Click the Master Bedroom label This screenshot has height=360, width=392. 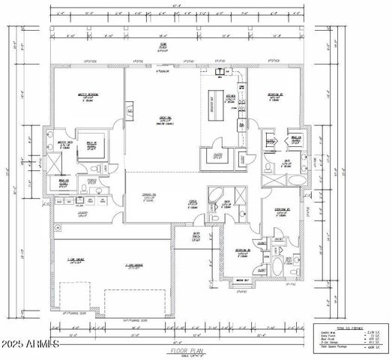pos(88,96)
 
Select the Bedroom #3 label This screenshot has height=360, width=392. pos(282,210)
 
